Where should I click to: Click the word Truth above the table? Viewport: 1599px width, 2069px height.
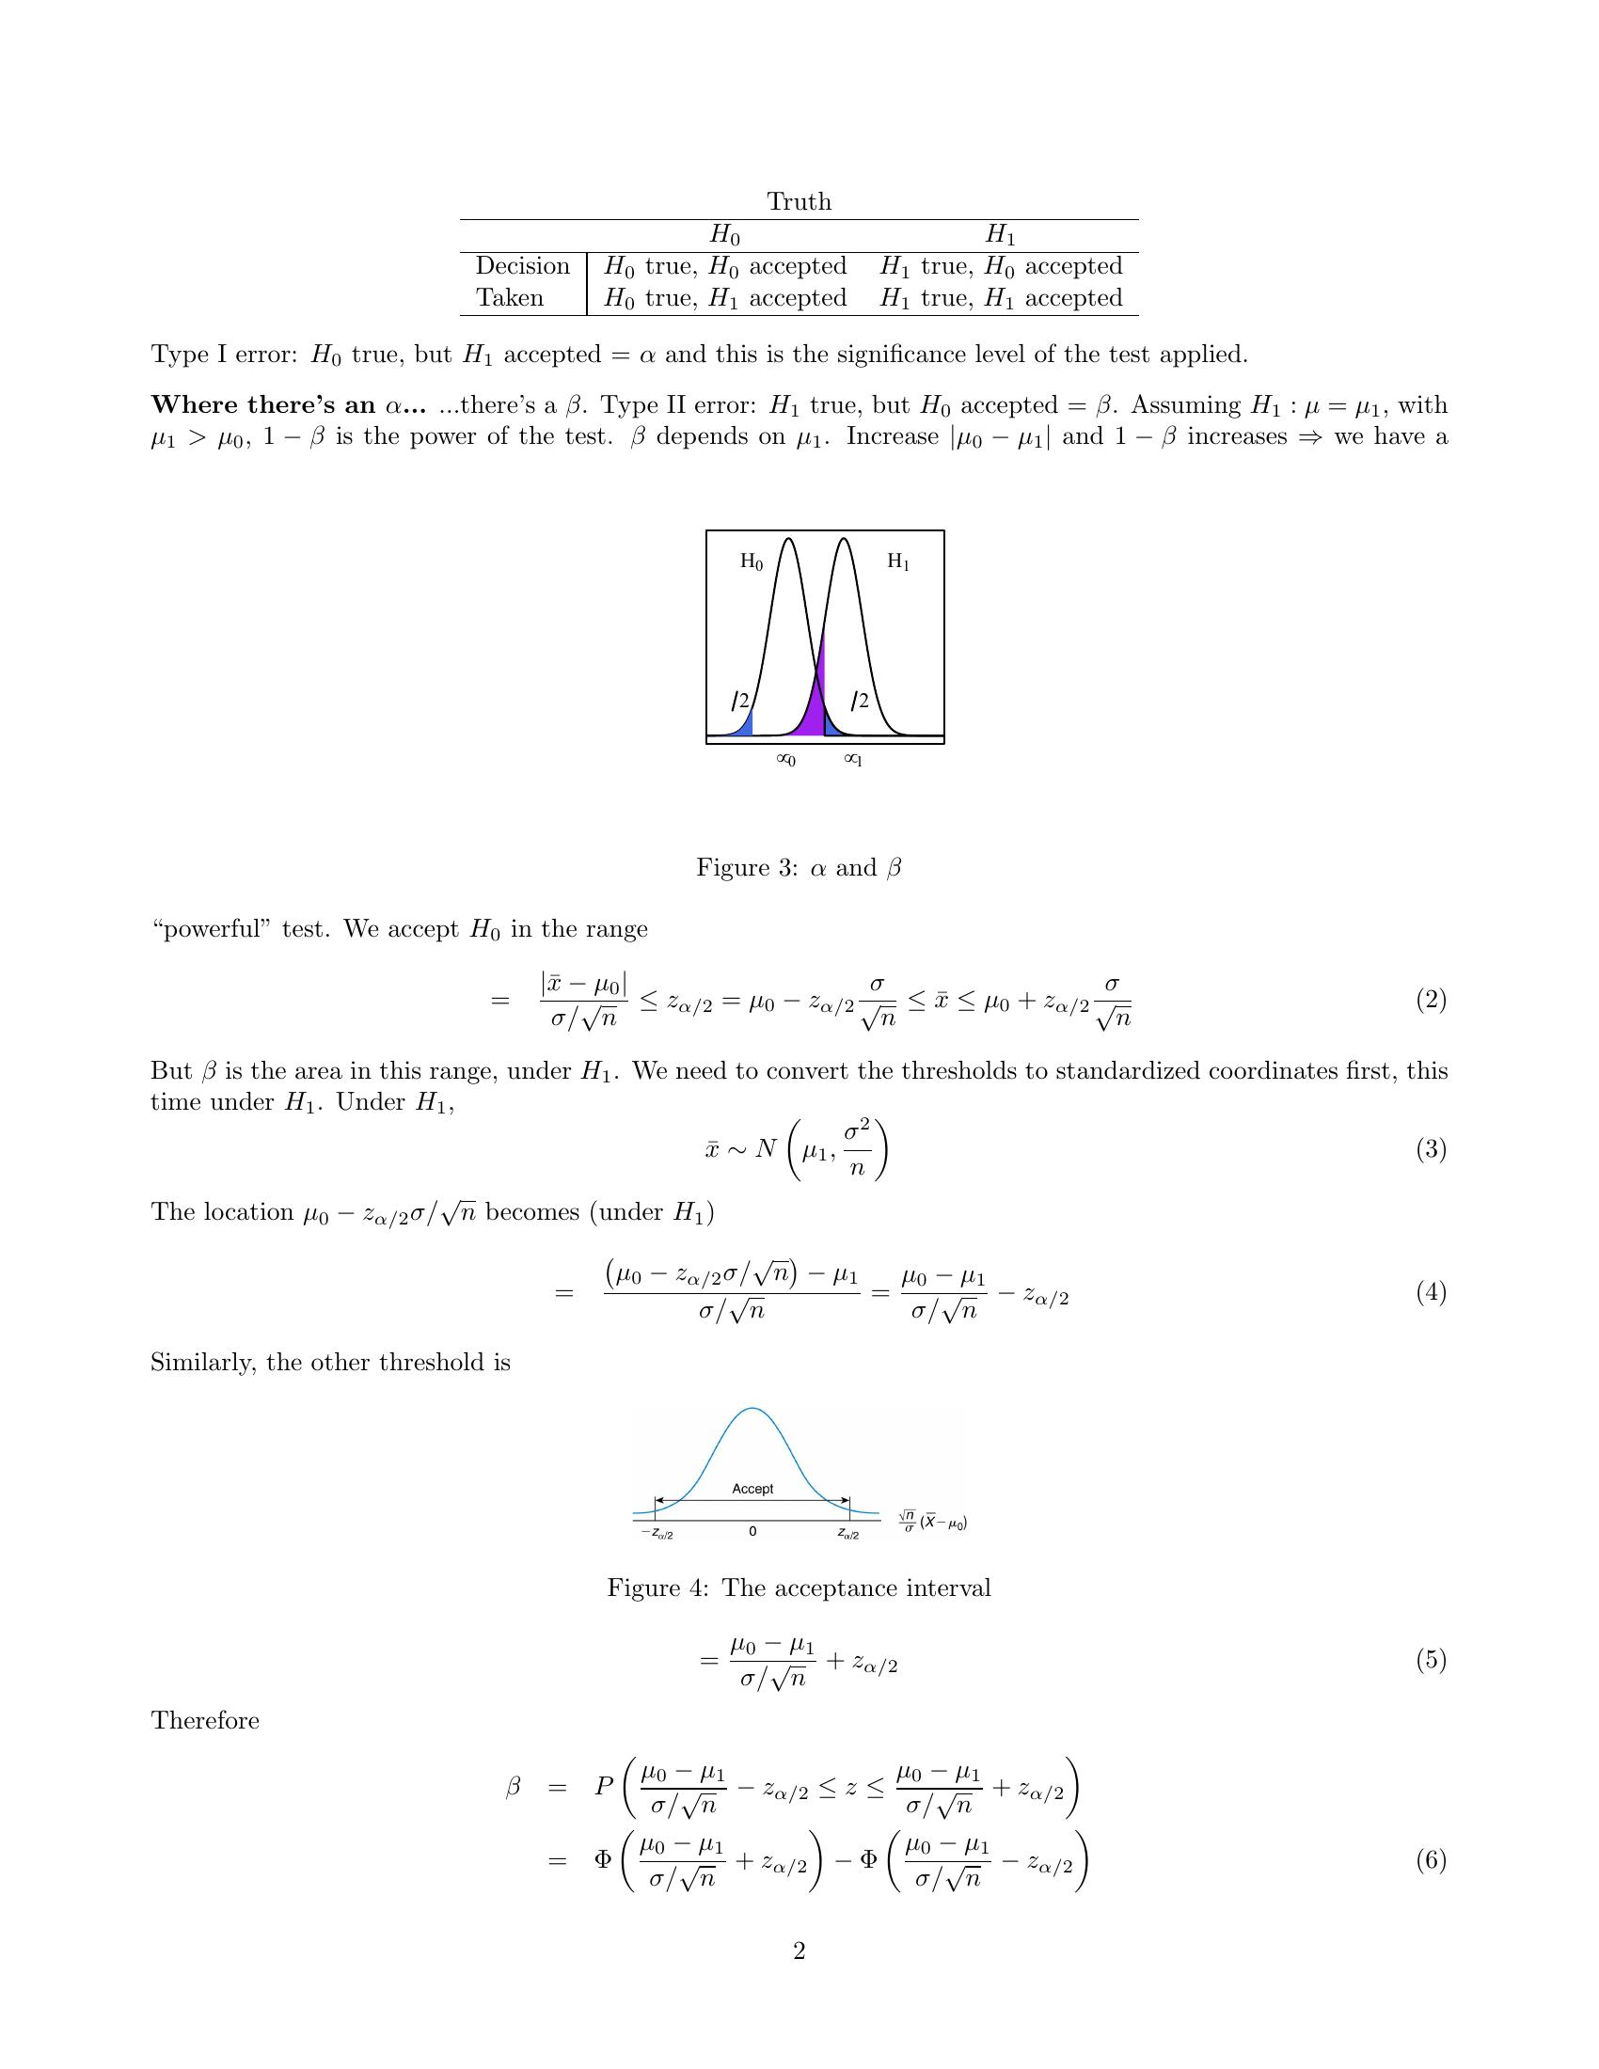(x=799, y=202)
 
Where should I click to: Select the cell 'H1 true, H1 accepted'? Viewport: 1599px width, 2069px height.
(x=1001, y=298)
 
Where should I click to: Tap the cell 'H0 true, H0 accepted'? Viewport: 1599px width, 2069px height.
(x=724, y=266)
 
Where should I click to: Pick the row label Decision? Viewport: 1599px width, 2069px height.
(x=522, y=266)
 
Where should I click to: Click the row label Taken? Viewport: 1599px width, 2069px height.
(x=510, y=298)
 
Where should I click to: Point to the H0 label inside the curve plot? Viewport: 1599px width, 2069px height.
(x=752, y=561)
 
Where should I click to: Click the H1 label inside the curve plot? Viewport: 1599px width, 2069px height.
(x=898, y=561)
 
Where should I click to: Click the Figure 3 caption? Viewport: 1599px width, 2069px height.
(x=799, y=868)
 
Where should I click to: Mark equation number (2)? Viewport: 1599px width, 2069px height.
(x=1431, y=1000)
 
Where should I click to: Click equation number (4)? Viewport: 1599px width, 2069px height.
(x=1431, y=1292)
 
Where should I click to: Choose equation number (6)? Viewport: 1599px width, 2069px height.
(x=1431, y=1860)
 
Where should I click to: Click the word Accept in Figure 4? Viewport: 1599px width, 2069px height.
(x=752, y=1490)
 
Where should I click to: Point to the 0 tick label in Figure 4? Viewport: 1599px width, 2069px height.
(x=752, y=1532)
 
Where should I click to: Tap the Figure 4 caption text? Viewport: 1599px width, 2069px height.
(x=799, y=1587)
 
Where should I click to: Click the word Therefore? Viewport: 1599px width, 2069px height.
(x=205, y=1720)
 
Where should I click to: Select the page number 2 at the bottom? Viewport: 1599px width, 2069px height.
(x=799, y=1951)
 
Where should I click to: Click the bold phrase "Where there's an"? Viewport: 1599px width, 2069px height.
(x=263, y=405)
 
